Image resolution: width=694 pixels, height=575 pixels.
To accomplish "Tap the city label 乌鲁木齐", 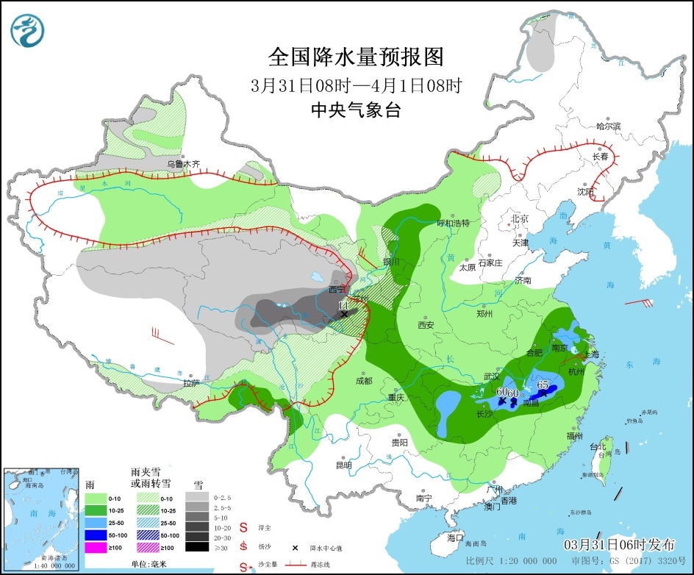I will (182, 164).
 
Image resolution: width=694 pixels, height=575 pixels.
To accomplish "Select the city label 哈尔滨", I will (608, 126).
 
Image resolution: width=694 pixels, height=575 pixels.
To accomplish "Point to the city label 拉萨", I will (191, 382).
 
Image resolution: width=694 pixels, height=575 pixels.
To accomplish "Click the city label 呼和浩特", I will (453, 223).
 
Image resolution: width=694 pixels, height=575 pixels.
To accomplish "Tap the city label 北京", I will (520, 218).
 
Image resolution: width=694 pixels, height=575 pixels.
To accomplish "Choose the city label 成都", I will (363, 381).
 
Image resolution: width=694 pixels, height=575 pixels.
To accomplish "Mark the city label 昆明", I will (343, 465).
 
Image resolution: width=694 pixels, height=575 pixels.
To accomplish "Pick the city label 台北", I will (594, 446).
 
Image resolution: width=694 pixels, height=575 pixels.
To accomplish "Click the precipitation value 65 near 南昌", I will (544, 385).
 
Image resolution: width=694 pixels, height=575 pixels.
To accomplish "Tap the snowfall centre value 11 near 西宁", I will (343, 305).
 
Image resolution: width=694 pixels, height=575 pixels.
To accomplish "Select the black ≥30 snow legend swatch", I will (196, 546).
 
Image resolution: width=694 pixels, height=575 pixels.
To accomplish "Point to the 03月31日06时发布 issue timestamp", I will (618, 545).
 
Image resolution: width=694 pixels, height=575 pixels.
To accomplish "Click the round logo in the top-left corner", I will (28, 29).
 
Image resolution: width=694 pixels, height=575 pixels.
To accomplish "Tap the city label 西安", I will (426, 324).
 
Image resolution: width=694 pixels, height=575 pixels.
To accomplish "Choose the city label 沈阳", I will (584, 192).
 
